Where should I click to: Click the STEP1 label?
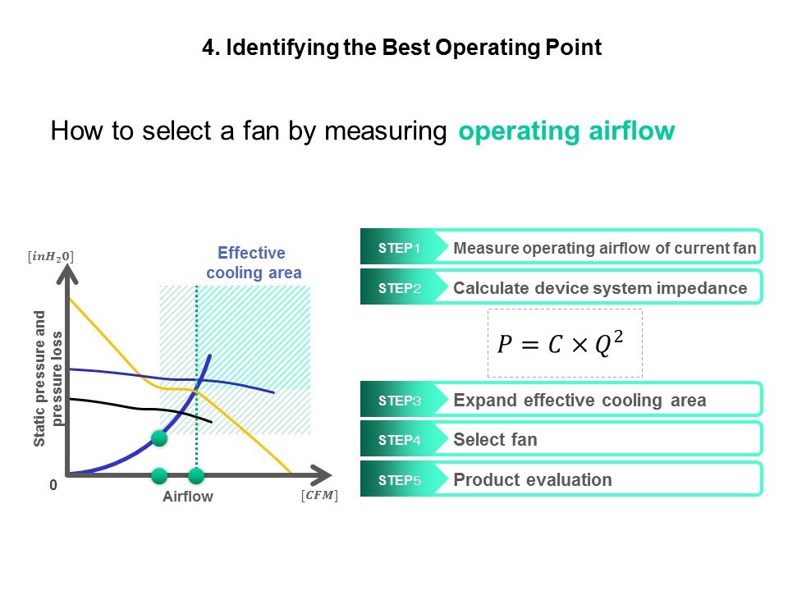399,248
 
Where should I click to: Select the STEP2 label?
400,288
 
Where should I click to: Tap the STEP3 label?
400,401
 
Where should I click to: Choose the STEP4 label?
400,440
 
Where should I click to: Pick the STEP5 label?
400,480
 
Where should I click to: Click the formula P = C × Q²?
561,343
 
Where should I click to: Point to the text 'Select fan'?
495,440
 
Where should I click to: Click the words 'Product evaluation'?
532,480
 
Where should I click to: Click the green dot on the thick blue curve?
159,438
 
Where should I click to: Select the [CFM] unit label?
319,496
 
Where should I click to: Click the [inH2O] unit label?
50,257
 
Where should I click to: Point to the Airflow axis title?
188,497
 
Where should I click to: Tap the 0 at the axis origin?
53,485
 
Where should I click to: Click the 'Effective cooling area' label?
254,263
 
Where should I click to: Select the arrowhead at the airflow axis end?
323,475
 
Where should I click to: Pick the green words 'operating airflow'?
566,131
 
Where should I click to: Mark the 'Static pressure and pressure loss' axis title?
48,378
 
